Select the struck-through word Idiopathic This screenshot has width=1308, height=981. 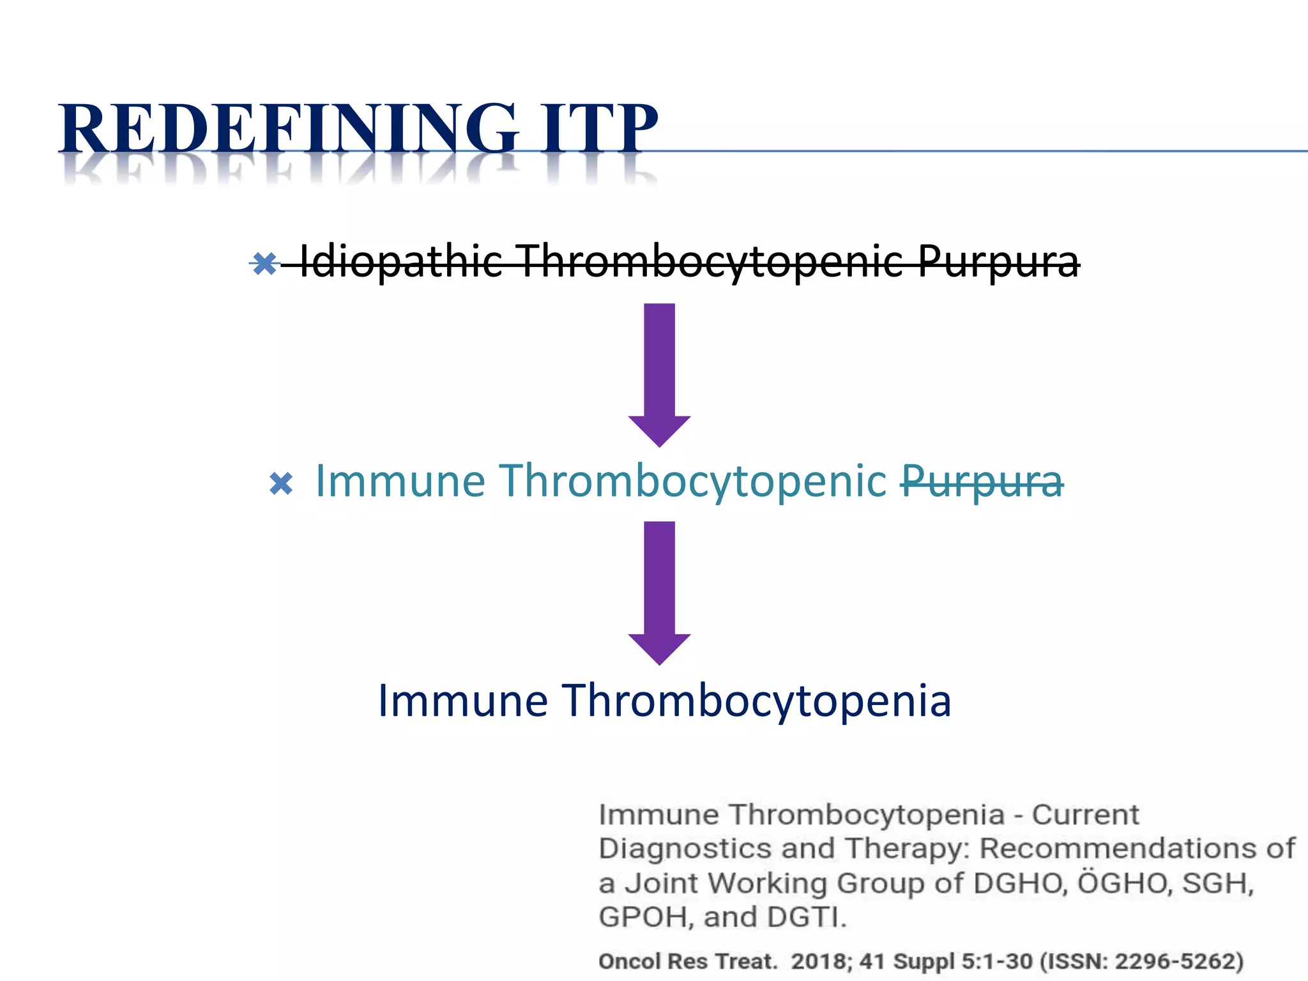point(400,261)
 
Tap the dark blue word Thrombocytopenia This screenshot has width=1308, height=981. point(757,701)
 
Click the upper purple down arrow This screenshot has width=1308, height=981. point(659,374)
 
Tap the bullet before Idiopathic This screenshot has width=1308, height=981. point(264,262)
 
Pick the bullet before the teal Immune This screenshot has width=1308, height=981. point(281,483)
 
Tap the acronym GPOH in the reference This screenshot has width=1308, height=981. point(646,917)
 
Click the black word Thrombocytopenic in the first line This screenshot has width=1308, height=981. point(709,261)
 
